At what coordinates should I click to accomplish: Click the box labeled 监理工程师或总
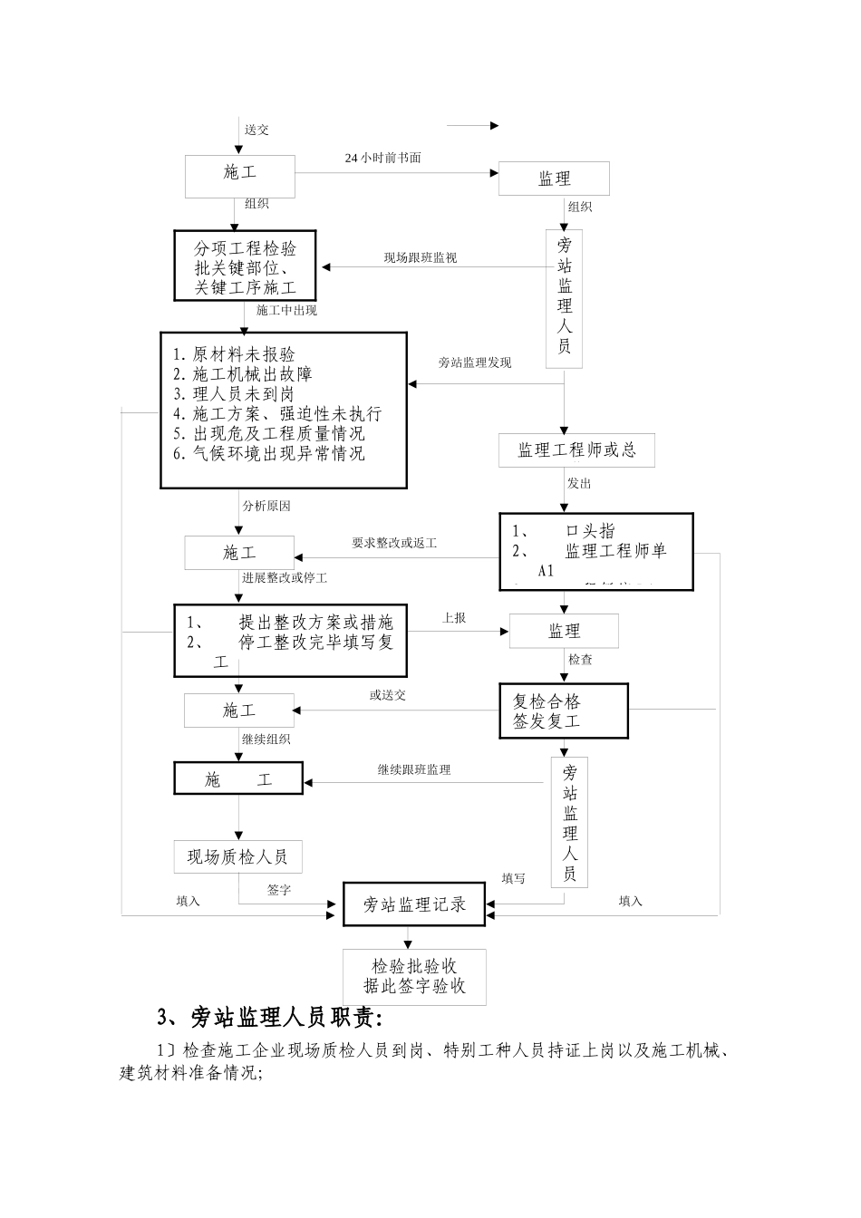576,450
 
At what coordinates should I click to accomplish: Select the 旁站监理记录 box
415,904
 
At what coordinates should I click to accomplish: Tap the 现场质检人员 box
237,856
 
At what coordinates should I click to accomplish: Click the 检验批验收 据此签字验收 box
414,977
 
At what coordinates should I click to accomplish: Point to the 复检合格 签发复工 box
564,711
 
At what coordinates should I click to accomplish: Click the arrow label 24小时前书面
382,158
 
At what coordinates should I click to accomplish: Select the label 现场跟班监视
420,258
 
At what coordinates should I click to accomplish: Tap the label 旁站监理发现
475,362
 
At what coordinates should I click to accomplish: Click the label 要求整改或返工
394,543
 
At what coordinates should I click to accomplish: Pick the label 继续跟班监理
414,769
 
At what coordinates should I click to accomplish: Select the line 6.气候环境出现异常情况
268,454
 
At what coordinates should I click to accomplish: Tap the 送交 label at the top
256,130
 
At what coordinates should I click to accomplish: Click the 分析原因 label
266,506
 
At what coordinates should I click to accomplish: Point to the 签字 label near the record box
279,890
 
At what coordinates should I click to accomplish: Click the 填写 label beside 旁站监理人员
513,878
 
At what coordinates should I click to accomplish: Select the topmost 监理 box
554,179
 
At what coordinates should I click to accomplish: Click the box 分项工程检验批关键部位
245,266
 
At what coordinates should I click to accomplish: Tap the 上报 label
454,617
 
